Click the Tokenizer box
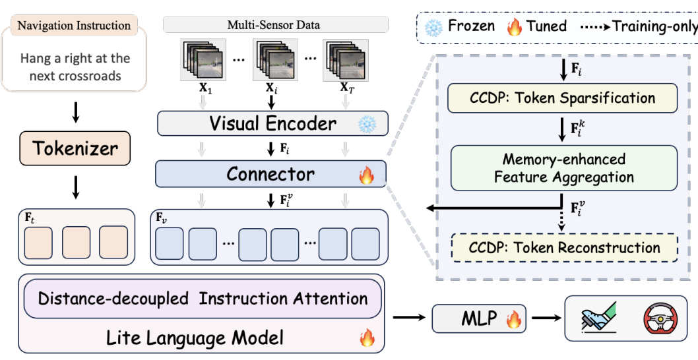(x=75, y=148)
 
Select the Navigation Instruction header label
(x=74, y=25)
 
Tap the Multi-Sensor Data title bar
(x=276, y=24)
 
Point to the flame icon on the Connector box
(x=367, y=175)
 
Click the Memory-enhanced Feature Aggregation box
(x=563, y=168)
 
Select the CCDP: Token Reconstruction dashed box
(x=565, y=247)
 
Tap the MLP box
(x=479, y=318)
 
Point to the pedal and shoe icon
(x=599, y=318)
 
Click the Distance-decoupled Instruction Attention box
(x=203, y=299)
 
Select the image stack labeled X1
(x=203, y=59)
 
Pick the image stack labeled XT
(x=346, y=59)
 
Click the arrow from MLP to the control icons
(x=546, y=318)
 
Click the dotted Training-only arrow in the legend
(x=595, y=26)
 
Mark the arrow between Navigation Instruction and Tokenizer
(x=76, y=113)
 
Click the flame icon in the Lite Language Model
(x=367, y=338)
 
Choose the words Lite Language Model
(x=195, y=339)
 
